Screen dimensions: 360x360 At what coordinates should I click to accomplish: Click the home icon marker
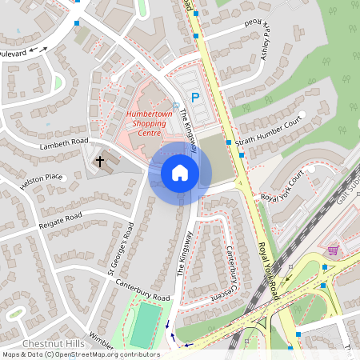pyautogui.click(x=180, y=173)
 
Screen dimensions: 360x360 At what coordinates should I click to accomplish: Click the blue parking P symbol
pyautogui.click(x=194, y=97)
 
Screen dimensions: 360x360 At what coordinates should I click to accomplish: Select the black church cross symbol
pyautogui.click(x=100, y=162)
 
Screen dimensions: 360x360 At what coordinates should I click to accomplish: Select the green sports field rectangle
pyautogui.click(x=145, y=326)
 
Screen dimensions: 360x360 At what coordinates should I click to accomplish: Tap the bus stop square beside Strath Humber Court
pyautogui.click(x=229, y=142)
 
